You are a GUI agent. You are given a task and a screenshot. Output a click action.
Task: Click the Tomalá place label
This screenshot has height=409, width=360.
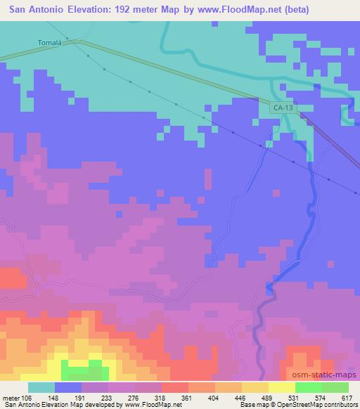coord(51,42)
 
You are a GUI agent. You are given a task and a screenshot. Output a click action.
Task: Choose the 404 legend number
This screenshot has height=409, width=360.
coord(223,398)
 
